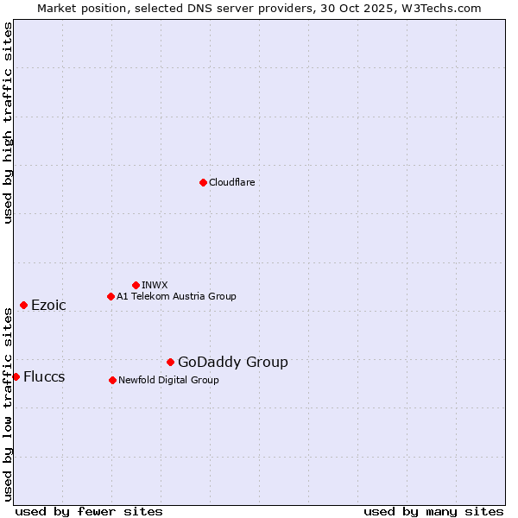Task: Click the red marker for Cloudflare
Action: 203,182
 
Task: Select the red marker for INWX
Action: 136,285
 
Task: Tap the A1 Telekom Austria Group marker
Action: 111,296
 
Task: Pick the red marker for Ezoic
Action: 23,305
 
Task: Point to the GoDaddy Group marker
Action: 170,362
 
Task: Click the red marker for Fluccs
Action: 16,376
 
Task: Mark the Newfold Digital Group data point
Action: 112,380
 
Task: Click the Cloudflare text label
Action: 231,182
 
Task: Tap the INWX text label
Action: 155,285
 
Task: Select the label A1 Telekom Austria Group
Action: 176,296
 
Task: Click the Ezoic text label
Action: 48,305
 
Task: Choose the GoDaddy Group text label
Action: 233,362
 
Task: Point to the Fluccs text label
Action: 44,376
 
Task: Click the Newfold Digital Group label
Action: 168,380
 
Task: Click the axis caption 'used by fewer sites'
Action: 89,511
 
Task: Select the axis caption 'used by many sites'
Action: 433,511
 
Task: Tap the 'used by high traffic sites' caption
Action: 8,123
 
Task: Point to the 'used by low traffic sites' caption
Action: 8,402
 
